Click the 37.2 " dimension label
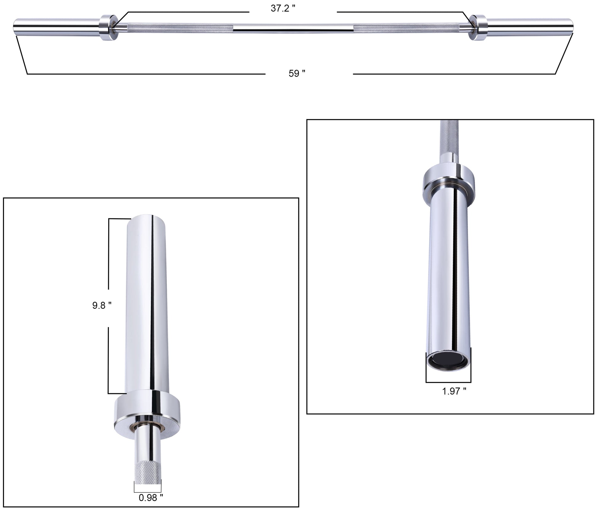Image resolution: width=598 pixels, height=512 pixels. [282, 9]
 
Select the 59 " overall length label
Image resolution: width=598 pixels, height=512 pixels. [297, 73]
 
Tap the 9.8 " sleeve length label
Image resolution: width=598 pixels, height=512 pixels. [102, 305]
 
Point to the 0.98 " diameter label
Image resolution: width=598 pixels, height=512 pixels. [151, 498]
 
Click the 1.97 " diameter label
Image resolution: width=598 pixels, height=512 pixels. [454, 391]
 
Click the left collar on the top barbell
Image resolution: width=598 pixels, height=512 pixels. [108, 27]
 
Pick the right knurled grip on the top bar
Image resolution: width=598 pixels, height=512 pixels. [406, 28]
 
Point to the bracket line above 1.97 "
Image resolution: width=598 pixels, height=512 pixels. [448, 382]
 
